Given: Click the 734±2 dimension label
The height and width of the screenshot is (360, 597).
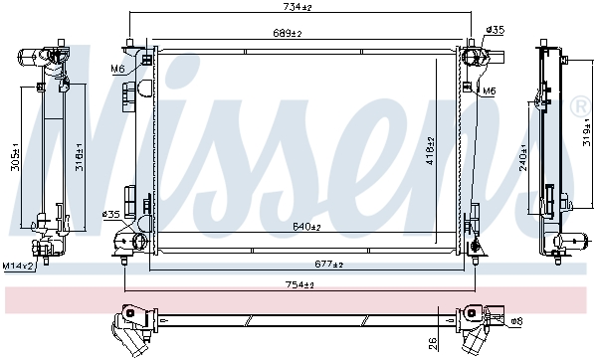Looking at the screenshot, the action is pyautogui.click(x=297, y=7).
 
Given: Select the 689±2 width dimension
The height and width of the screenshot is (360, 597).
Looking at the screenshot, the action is pyautogui.click(x=287, y=33).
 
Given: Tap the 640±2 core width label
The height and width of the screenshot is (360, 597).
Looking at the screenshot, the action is pyautogui.click(x=306, y=227).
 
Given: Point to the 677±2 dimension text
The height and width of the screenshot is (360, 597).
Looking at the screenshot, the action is pyautogui.click(x=328, y=264).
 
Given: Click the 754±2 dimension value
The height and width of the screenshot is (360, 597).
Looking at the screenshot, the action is pyautogui.click(x=299, y=284).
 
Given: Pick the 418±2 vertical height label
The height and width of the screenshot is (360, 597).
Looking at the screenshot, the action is pyautogui.click(x=430, y=151).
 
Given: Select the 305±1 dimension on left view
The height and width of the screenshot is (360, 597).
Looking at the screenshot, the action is pyautogui.click(x=16, y=157).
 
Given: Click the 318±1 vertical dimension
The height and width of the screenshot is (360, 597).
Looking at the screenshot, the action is pyautogui.click(x=79, y=157).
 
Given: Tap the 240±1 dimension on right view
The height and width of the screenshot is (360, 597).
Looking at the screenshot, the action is pyautogui.click(x=523, y=157).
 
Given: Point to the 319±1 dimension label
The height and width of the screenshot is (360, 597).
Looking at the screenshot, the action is pyautogui.click(x=586, y=132).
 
